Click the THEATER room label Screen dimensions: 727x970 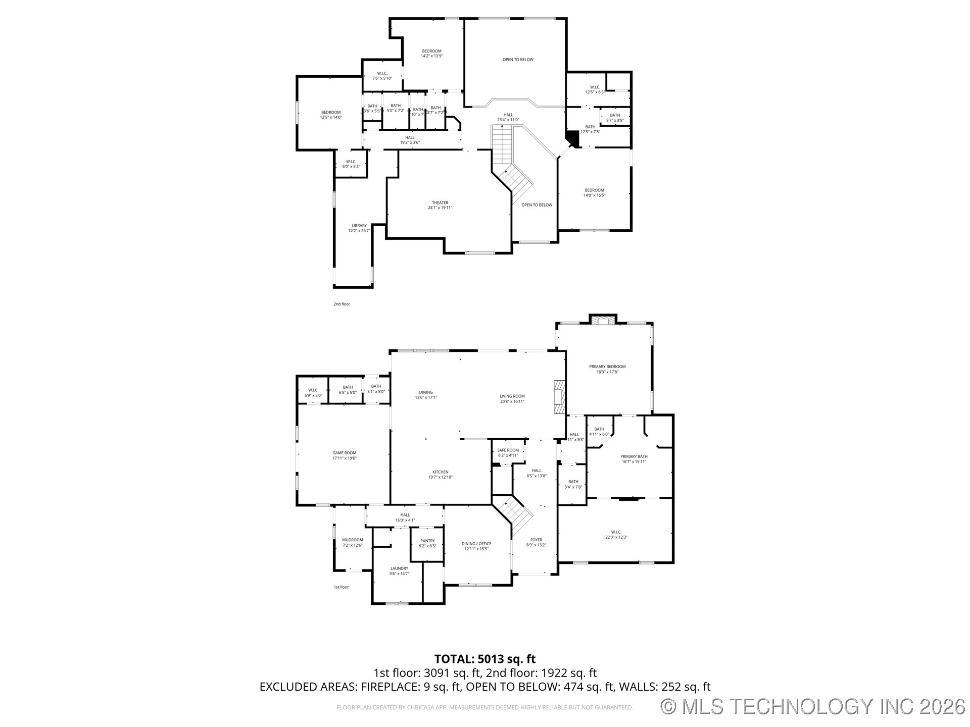click(440, 205)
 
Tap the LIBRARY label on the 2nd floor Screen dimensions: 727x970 click(359, 228)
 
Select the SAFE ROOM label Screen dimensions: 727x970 click(508, 452)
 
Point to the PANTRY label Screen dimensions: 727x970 click(427, 543)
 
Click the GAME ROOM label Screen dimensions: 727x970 click(344, 455)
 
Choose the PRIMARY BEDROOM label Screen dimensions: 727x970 click(607, 369)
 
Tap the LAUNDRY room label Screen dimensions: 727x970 click(399, 570)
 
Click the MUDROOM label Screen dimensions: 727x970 click(352, 542)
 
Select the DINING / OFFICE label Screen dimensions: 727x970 click(476, 546)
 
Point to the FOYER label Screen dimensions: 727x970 click(536, 542)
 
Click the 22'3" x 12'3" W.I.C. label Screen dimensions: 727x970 click(615, 534)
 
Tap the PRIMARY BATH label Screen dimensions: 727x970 click(634, 458)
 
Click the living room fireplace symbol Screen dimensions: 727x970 click(558, 397)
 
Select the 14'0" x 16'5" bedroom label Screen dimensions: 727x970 click(594, 192)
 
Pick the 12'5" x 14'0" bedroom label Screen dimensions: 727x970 click(330, 115)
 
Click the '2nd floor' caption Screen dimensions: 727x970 click(342, 304)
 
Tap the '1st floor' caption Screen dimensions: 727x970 click(341, 587)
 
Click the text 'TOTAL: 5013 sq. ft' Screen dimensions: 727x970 click(484, 658)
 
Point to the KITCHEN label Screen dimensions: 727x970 click(440, 474)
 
